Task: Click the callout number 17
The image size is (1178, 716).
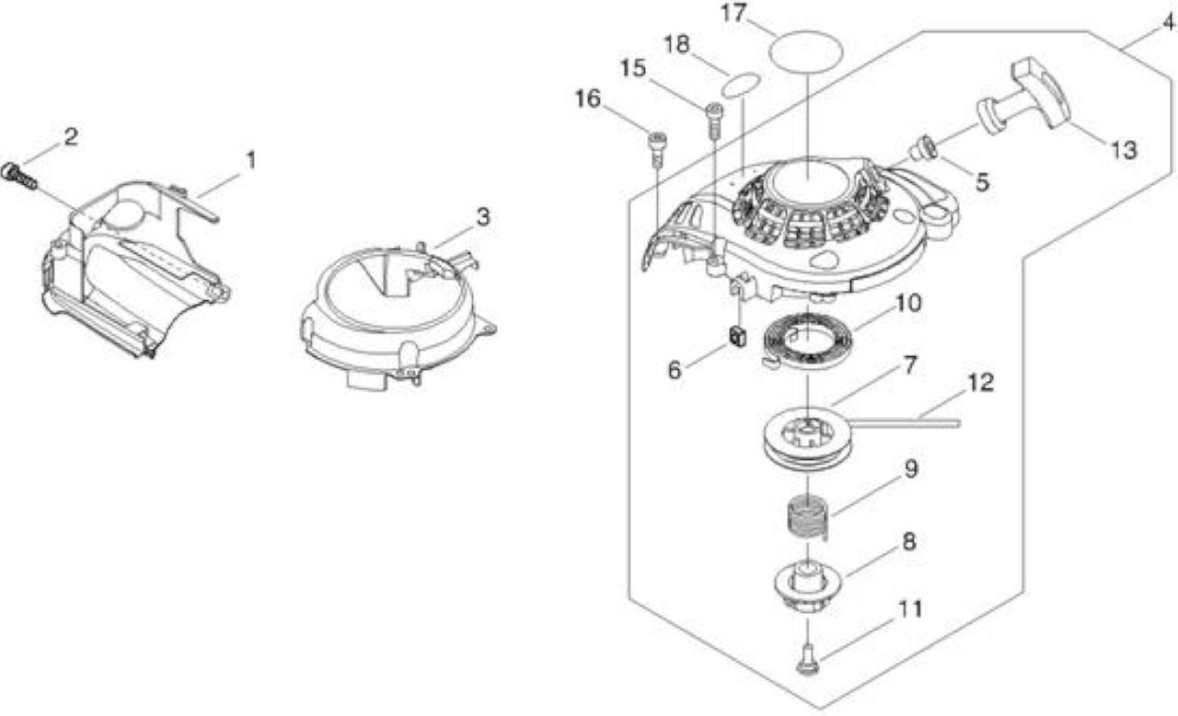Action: tap(733, 13)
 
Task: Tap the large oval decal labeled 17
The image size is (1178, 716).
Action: tap(805, 52)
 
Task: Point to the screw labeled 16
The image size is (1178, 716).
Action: tap(657, 149)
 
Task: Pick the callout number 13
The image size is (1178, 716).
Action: tap(1124, 150)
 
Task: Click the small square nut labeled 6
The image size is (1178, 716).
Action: tap(737, 337)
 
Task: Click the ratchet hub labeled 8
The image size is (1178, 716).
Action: tap(808, 585)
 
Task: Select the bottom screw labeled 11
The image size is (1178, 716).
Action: tap(807, 662)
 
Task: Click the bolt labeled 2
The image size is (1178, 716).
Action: tap(19, 176)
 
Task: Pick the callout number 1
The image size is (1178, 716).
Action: tap(251, 161)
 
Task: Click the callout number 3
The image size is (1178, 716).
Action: tap(483, 216)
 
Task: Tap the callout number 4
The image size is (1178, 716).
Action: tap(1168, 22)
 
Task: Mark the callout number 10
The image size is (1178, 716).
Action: tap(908, 304)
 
